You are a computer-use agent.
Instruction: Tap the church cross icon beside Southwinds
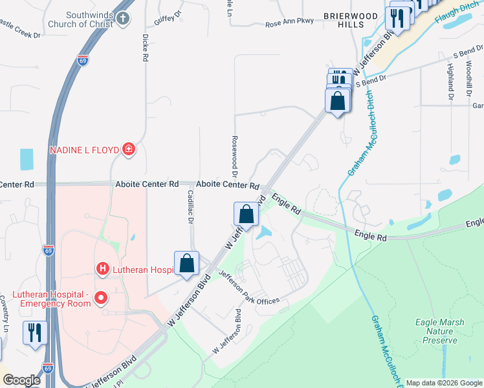tap(124, 19)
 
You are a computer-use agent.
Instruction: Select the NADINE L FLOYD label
tap(85, 150)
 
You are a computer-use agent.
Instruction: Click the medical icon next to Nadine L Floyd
tap(129, 150)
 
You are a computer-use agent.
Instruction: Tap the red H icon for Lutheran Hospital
tap(102, 268)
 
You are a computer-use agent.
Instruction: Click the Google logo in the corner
tap(21, 380)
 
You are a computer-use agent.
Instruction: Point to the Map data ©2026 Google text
tap(443, 383)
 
